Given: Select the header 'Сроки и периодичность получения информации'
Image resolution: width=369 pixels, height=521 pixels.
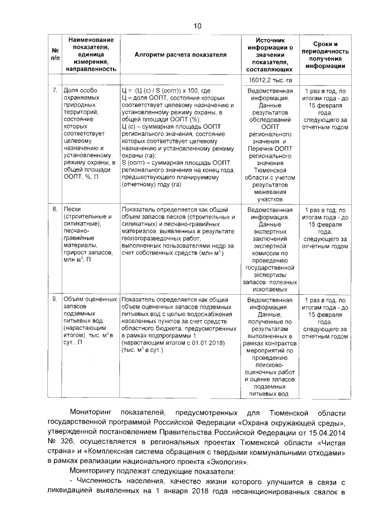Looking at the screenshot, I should (x=326, y=55).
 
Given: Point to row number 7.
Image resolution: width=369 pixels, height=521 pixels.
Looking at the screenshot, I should (x=54, y=92).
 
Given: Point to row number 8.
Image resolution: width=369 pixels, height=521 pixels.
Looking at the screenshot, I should (x=54, y=209).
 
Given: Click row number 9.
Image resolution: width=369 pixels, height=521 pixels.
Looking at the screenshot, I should (x=54, y=300).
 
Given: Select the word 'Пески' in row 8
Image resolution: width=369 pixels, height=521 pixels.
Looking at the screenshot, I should (x=73, y=209).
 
